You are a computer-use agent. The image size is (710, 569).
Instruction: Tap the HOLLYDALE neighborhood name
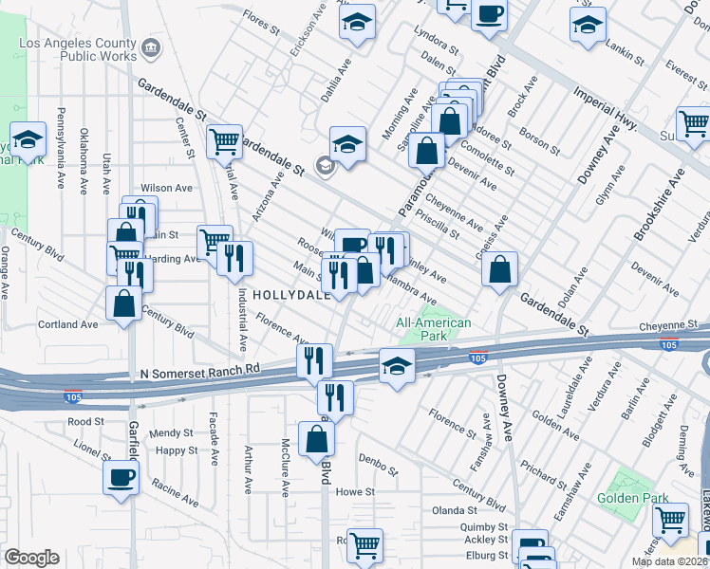pyautogui.click(x=290, y=295)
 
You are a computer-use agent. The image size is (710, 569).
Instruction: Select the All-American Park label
pyautogui.click(x=433, y=330)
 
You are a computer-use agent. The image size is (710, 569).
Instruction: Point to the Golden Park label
pyautogui.click(x=633, y=498)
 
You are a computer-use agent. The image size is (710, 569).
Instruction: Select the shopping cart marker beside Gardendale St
pyautogui.click(x=225, y=142)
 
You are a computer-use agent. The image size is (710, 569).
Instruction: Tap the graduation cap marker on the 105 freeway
pyautogui.click(x=397, y=366)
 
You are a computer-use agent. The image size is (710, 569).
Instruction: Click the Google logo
pyautogui.click(x=31, y=558)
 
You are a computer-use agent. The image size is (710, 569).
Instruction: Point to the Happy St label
pyautogui.click(x=177, y=450)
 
